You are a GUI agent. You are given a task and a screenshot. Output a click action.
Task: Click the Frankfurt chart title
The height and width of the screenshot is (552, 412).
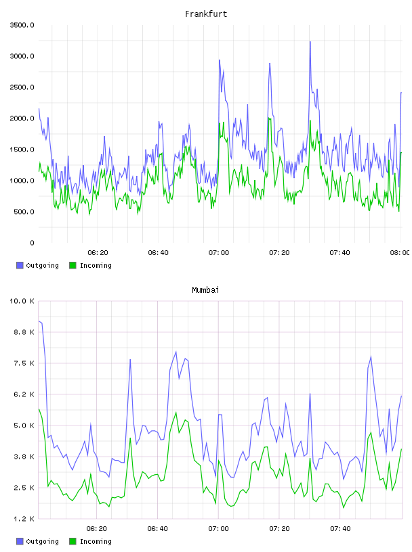206,14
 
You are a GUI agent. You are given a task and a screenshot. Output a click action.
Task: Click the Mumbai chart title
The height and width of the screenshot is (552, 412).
205,290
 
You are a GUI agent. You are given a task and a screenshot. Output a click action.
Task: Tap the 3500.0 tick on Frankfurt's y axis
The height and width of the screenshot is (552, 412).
22,25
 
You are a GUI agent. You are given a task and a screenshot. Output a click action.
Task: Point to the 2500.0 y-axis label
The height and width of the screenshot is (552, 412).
22,87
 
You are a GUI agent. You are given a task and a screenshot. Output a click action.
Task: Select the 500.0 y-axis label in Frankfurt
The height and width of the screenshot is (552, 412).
24,212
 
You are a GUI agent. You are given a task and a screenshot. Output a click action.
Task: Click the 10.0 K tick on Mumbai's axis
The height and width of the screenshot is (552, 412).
22,301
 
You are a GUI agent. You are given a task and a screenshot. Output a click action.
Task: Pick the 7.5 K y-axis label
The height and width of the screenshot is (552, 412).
24,363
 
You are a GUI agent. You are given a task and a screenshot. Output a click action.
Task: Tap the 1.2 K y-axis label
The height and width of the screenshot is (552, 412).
24,519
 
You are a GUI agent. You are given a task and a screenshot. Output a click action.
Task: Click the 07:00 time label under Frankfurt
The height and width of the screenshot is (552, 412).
219,252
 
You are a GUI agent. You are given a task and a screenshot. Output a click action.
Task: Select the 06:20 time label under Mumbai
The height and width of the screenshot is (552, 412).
97,528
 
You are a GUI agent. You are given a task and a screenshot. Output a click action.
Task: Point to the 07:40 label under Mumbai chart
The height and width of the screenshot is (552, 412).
340,528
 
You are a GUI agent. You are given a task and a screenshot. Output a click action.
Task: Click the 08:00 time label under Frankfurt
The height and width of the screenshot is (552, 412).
400,252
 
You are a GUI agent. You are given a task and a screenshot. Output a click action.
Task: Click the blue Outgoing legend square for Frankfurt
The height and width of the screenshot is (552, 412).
20,265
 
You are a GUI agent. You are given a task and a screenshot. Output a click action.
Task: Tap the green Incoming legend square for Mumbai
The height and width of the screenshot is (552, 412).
73,541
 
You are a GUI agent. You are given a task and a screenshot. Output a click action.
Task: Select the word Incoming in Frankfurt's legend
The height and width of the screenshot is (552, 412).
96,266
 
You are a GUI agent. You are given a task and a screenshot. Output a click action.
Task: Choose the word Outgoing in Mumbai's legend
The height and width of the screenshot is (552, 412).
42,542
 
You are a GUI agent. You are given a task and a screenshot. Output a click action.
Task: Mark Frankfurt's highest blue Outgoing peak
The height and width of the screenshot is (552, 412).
310,42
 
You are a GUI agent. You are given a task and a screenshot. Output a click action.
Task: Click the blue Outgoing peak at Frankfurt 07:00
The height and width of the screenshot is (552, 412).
220,60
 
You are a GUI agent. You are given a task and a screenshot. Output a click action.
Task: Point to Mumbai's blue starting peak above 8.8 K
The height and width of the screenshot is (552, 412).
40,321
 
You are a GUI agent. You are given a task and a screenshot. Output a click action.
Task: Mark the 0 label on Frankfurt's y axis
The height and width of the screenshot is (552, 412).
32,243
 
